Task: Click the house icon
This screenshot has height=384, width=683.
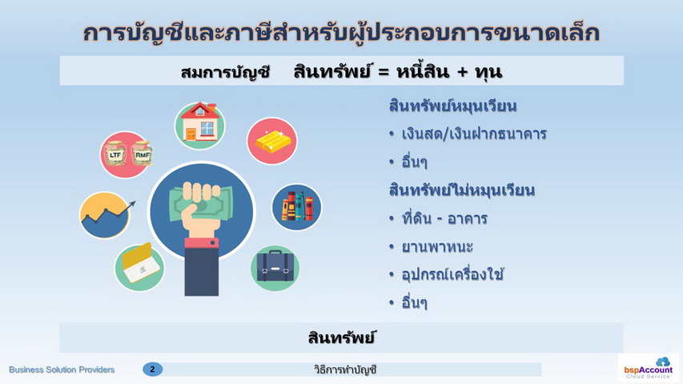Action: point(200,126)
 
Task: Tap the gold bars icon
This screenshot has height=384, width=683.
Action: point(271,141)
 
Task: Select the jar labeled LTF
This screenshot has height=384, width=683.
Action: point(115,154)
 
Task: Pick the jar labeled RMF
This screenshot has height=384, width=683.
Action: point(142,154)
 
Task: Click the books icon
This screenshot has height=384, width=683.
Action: point(296,207)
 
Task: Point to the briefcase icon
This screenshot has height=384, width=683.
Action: point(275,268)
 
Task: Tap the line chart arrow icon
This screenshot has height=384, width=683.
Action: point(105,215)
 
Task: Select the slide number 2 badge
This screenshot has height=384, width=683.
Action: point(152,369)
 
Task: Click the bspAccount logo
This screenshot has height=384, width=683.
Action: point(648,368)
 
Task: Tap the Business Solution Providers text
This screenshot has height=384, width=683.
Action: point(62,370)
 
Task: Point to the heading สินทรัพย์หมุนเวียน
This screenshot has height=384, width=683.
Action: point(452,106)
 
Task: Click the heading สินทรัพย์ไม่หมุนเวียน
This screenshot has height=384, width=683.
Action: point(462,190)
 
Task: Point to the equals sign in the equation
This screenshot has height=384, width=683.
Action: point(384,72)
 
